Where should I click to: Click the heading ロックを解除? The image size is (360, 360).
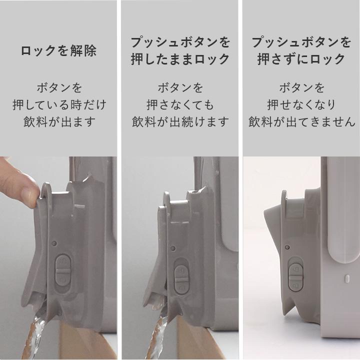click(x=58, y=51)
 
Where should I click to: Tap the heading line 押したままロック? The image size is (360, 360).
click(x=180, y=59)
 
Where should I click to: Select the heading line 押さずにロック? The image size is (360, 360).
click(x=301, y=59)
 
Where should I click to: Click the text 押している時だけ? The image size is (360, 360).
click(x=59, y=105)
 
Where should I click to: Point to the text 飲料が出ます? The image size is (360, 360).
click(x=59, y=122)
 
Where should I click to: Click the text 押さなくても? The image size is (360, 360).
click(x=180, y=105)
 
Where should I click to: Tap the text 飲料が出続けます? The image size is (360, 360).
click(x=180, y=122)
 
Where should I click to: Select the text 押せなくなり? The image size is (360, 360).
click(x=301, y=105)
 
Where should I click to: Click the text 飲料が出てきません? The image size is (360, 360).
click(x=301, y=122)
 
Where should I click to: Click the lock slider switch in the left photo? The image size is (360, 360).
click(x=63, y=269)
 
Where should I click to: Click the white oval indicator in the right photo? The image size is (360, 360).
click(x=345, y=276)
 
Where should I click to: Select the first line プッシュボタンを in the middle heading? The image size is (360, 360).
click(x=180, y=41)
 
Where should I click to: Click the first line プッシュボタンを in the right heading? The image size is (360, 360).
click(x=301, y=41)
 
